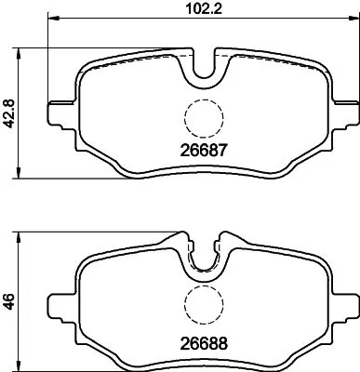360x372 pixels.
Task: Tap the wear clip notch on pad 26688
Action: (x=204, y=259)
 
